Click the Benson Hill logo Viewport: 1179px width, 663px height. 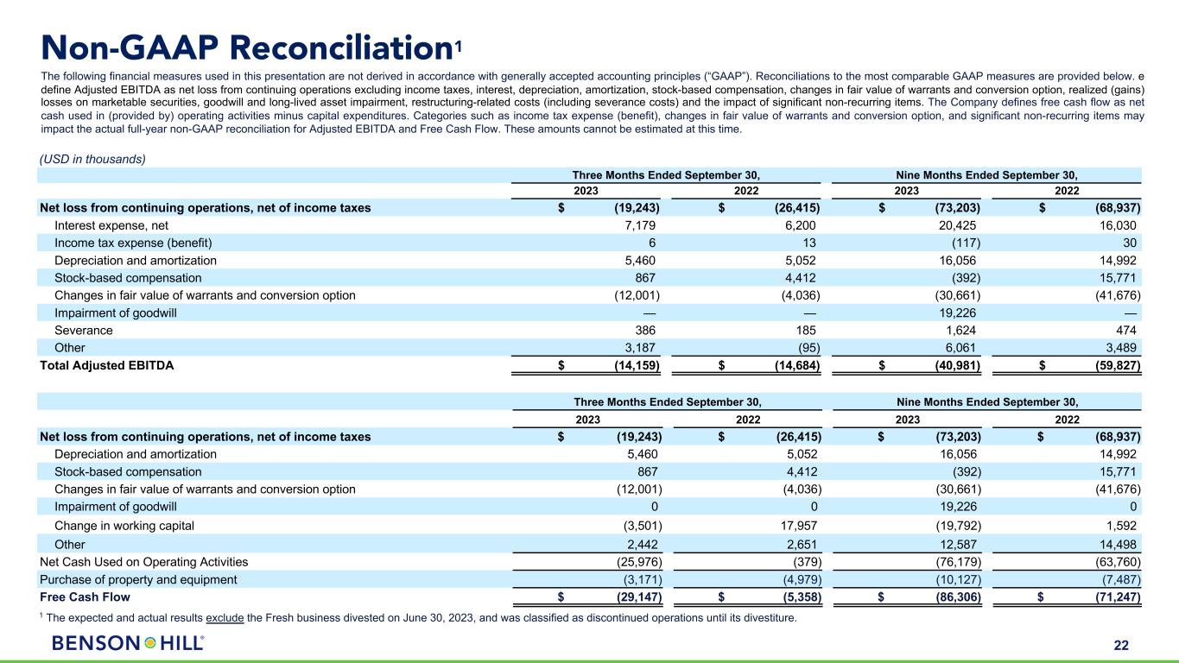(128, 643)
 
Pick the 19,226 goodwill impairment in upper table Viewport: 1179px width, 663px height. (960, 313)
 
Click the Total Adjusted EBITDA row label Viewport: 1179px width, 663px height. (106, 365)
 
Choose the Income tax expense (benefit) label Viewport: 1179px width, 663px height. (133, 243)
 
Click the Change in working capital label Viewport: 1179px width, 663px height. (124, 525)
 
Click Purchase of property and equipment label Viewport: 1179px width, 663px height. (138, 579)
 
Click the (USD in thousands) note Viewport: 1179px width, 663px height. (92, 159)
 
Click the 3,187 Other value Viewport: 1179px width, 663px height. (642, 347)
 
